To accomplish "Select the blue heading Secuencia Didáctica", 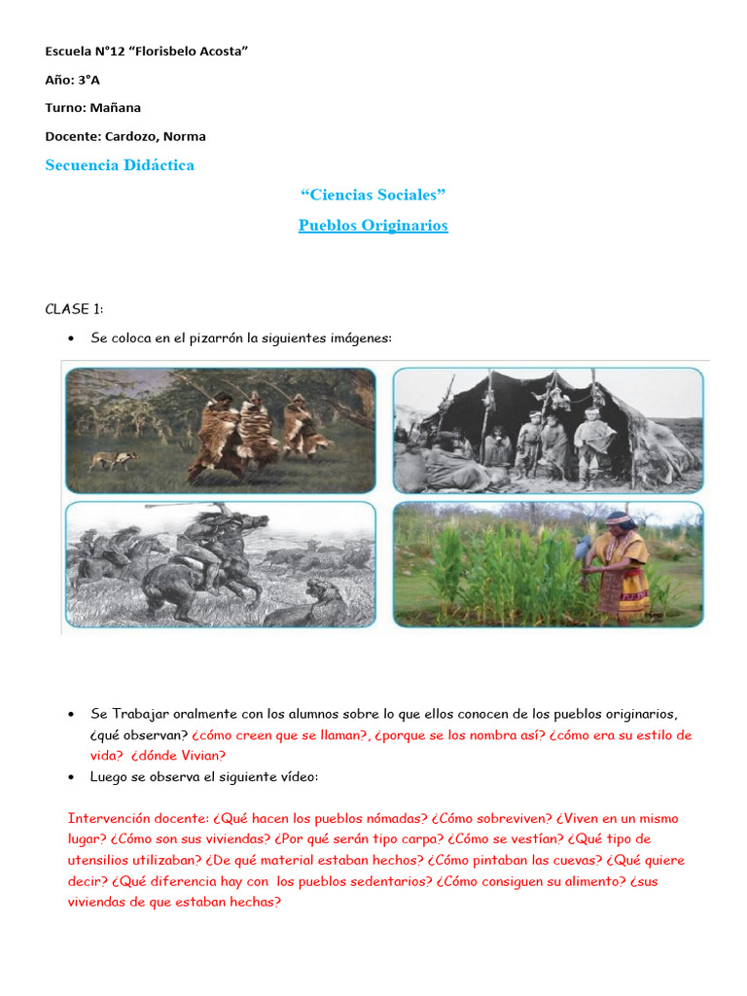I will (120, 165).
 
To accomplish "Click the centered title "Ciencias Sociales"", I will (373, 196).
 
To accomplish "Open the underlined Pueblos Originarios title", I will (373, 226).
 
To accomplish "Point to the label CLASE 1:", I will (74, 309).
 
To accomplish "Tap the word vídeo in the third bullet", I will (298, 777).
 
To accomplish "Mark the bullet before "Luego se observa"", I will (72, 777).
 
